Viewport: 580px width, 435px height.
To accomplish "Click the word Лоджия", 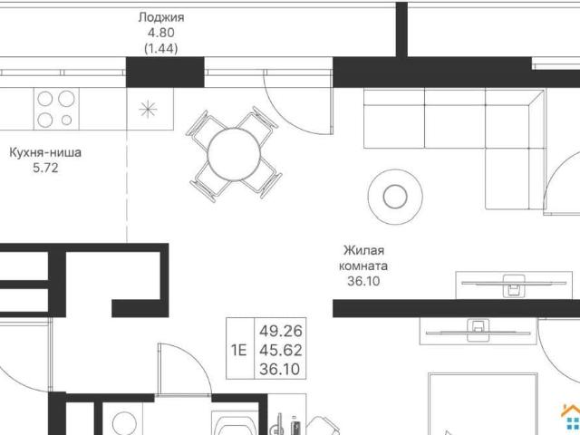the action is point(161,17).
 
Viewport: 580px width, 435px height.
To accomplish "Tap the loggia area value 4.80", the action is point(161,33).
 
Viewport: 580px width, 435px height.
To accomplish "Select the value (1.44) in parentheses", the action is point(161,48).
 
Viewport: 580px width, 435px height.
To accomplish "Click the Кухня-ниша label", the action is point(45,152).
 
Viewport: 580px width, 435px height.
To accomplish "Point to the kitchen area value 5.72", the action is point(45,168).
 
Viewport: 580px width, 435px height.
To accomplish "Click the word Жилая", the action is point(363,250).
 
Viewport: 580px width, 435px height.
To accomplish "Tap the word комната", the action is point(363,266).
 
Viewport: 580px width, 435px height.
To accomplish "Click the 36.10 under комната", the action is point(363,282).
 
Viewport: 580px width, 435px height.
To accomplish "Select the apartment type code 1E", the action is point(239,350).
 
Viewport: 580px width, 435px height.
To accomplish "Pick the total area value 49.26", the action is point(281,331).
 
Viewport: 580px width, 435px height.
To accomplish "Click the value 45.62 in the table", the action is point(281,350).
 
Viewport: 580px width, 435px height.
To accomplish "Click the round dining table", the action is point(234,154).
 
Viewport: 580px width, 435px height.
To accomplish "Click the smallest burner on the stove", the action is point(66,120).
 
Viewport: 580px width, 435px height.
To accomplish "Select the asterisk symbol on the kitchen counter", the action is point(148,109).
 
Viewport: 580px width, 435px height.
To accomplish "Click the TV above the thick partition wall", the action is point(514,284).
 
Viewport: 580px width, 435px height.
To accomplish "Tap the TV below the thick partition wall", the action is point(478,331).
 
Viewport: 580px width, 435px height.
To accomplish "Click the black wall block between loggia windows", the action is point(165,72).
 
